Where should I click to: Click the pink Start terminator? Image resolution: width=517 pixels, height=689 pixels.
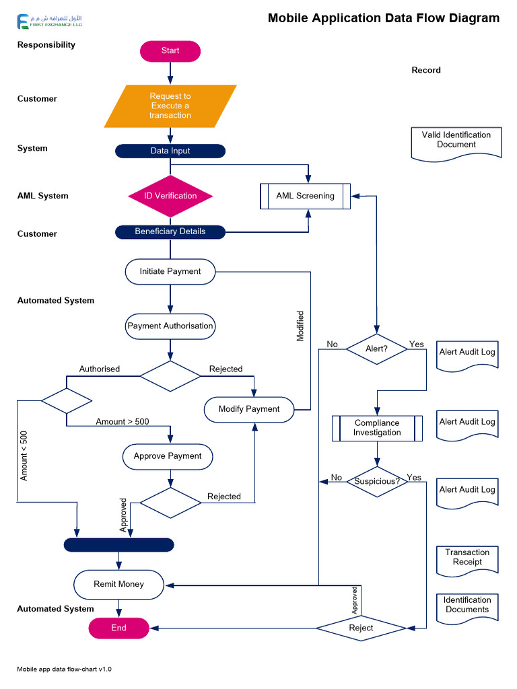pyautogui.click(x=170, y=51)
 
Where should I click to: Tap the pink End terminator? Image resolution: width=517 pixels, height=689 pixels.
pyautogui.click(x=118, y=628)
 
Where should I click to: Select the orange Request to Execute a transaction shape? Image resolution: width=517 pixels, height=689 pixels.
pyautogui.click(x=170, y=106)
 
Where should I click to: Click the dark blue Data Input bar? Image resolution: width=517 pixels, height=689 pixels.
pyautogui.click(x=170, y=151)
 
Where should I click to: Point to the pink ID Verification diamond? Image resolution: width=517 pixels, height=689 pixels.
pyautogui.click(x=170, y=196)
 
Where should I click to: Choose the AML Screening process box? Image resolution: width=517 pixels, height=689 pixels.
pyautogui.click(x=305, y=196)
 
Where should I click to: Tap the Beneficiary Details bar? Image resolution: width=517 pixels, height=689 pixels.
pyautogui.click(x=170, y=231)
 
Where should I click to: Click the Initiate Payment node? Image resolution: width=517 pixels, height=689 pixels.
pyautogui.click(x=170, y=271)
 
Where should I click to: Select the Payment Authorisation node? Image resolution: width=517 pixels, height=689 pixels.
pyautogui.click(x=170, y=326)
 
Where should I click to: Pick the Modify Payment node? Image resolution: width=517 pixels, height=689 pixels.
pyautogui.click(x=248, y=409)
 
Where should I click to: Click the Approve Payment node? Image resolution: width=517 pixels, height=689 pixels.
pyautogui.click(x=168, y=456)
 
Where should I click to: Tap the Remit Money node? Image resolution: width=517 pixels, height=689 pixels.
pyautogui.click(x=118, y=584)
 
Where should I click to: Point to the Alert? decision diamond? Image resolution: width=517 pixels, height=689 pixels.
pyautogui.click(x=376, y=349)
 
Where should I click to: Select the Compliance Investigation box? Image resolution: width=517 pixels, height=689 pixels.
pyautogui.click(x=377, y=428)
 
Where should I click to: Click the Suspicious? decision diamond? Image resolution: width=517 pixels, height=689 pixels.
pyautogui.click(x=377, y=482)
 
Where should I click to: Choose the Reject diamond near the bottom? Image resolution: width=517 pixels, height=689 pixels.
pyautogui.click(x=361, y=628)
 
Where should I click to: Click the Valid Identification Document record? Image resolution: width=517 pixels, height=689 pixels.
pyautogui.click(x=456, y=143)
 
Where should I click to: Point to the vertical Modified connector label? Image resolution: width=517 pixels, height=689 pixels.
pyautogui.click(x=300, y=326)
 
